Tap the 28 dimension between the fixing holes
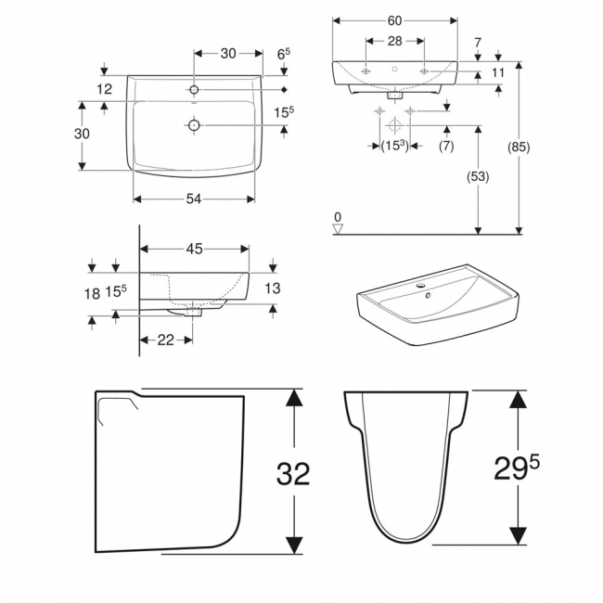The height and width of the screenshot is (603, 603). (395, 42)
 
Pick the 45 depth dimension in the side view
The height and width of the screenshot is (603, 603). (194, 249)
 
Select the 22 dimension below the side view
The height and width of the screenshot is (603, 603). (166, 340)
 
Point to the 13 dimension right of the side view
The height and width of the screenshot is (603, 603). (272, 289)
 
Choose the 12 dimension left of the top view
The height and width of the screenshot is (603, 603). (104, 89)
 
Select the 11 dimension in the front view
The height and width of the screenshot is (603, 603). (497, 72)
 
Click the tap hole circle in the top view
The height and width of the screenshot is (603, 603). (194, 89)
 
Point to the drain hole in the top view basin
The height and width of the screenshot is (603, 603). (194, 125)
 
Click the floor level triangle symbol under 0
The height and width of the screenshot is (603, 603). (339, 227)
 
